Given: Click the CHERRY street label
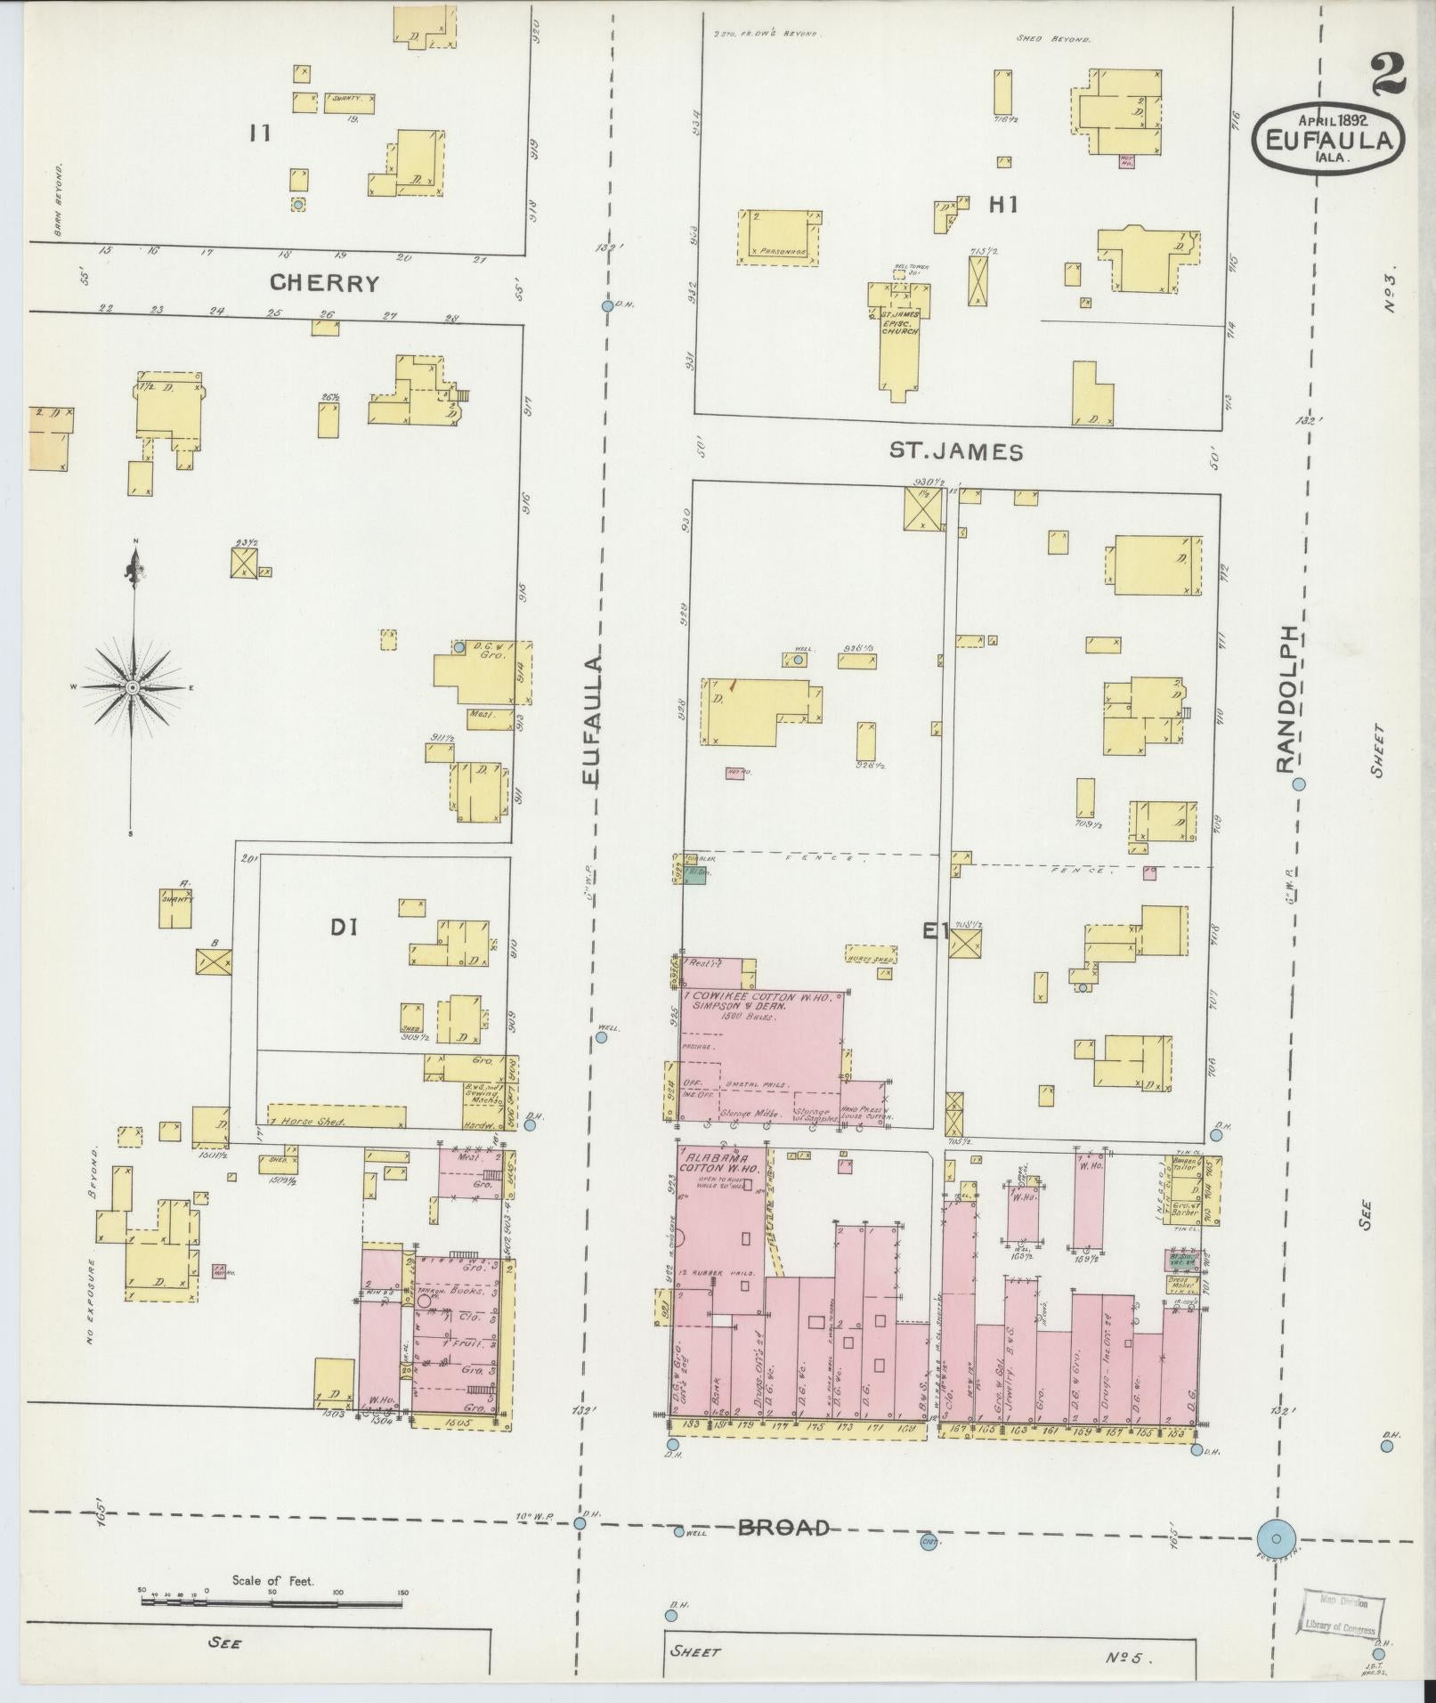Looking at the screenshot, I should pos(325,283).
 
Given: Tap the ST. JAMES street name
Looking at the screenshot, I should pos(956,451).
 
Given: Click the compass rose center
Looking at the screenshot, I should pos(133,687).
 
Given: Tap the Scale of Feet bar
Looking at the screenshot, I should pos(272,1602).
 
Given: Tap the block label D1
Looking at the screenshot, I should pos(344,928).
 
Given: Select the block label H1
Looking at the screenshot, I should pos(1002,205).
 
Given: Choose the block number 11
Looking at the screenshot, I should pos(260,134).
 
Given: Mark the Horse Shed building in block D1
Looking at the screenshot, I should pos(337,1117).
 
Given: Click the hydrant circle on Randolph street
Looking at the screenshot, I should pos(1299,784).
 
